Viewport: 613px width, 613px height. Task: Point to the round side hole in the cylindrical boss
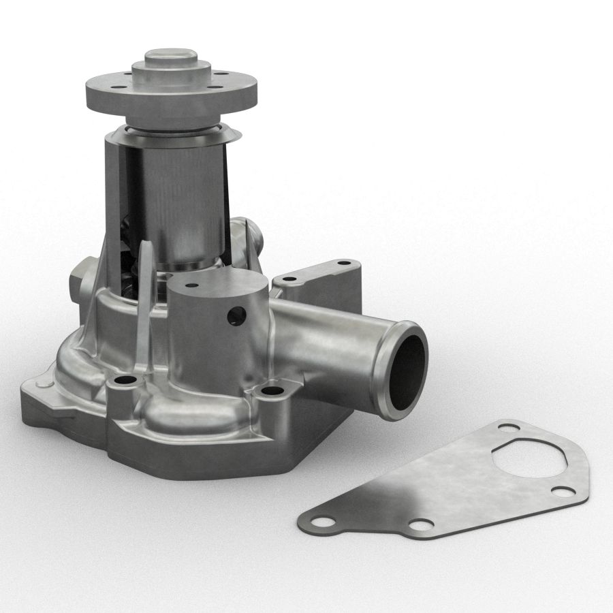237,315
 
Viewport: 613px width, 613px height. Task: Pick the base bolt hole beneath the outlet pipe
272,392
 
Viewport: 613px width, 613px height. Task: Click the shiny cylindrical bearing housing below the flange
184,198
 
